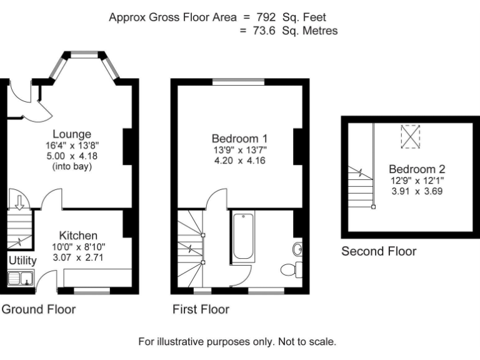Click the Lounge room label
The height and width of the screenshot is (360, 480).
72,134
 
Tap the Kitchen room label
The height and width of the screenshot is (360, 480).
78,236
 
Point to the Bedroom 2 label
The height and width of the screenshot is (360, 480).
417,169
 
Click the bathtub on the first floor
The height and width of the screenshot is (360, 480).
242,237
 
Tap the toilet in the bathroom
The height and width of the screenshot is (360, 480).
291,270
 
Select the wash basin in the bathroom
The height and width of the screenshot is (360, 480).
297,249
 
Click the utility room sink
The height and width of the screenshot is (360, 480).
21,279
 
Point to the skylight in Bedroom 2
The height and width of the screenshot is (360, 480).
411,136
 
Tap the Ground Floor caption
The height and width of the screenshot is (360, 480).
39,309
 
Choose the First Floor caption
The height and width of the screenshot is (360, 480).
201,309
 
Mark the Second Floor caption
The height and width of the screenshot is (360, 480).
379,251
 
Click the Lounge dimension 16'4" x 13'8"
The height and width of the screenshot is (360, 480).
72,145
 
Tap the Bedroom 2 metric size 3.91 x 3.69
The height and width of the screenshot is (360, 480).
417,192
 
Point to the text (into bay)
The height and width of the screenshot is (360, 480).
72,167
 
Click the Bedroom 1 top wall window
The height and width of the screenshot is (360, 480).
239,82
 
